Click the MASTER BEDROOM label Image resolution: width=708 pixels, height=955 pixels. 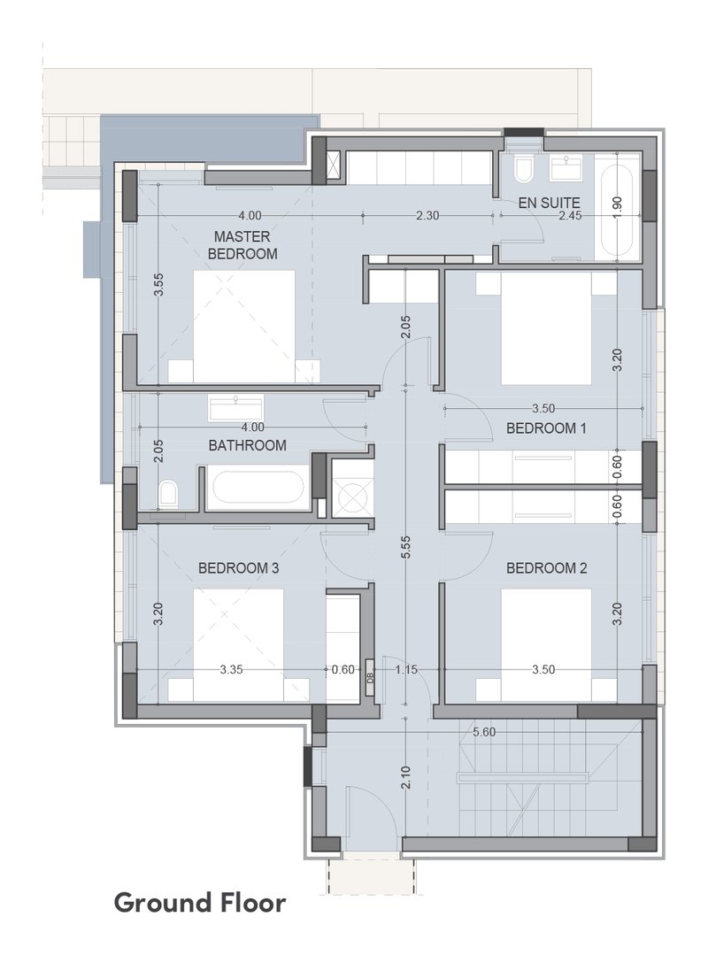(x=242, y=245)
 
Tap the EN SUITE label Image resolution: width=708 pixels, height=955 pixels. (x=549, y=203)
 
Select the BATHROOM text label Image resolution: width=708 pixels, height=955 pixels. (x=247, y=445)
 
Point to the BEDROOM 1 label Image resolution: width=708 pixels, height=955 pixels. (x=546, y=428)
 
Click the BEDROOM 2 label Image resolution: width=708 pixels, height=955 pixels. (x=546, y=568)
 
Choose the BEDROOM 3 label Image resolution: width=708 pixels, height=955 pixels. (x=239, y=568)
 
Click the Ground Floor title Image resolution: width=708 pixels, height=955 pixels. (x=200, y=903)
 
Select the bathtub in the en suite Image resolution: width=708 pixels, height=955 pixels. (x=618, y=208)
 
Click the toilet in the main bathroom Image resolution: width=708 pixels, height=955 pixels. (x=167, y=493)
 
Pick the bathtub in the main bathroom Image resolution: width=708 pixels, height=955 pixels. (x=255, y=488)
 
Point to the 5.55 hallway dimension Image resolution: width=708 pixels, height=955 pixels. (x=406, y=547)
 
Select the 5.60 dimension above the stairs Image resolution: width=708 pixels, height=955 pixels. (x=484, y=732)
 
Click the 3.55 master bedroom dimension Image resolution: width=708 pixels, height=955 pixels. (x=158, y=284)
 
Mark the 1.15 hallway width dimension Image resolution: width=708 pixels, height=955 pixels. (x=406, y=669)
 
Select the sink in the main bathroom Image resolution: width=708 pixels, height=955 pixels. (x=235, y=407)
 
